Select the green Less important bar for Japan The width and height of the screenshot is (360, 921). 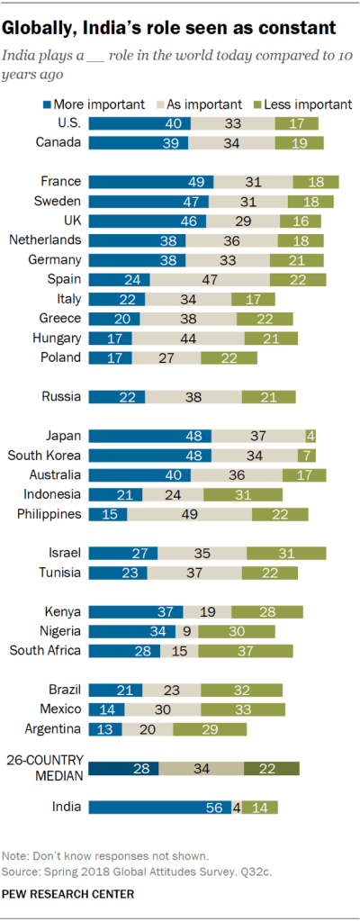(x=310, y=436)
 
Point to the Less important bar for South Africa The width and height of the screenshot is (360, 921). (x=245, y=651)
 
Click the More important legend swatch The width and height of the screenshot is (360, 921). (x=48, y=104)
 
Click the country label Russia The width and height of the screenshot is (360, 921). (x=62, y=396)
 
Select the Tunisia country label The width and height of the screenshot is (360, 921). (x=58, y=573)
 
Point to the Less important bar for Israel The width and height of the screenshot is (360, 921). (x=286, y=553)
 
